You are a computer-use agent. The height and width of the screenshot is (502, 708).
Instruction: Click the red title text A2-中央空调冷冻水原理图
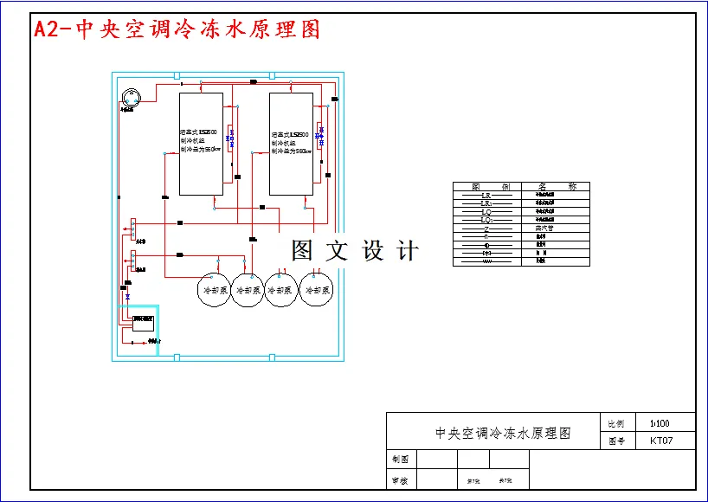pyautogui.click(x=177, y=29)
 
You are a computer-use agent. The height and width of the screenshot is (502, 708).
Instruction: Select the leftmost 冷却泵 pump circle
pyautogui.click(x=213, y=291)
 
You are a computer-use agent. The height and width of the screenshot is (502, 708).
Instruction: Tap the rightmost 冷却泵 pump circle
pyautogui.click(x=316, y=291)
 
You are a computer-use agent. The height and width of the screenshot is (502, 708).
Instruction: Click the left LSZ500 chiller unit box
pyautogui.click(x=201, y=143)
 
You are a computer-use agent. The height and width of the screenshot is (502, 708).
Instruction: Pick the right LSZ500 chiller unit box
pyautogui.click(x=291, y=143)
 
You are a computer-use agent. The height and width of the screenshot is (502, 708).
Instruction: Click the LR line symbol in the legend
pyautogui.click(x=486, y=196)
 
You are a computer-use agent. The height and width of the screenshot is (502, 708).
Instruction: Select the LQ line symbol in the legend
pyautogui.click(x=486, y=212)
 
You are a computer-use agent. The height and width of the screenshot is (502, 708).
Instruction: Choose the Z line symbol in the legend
pyautogui.click(x=486, y=228)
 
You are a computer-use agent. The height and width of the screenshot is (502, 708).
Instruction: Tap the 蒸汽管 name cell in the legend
pyautogui.click(x=544, y=228)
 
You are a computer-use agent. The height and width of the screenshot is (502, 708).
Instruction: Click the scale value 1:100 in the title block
pyautogui.click(x=660, y=424)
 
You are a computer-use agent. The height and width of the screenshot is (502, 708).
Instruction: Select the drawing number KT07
pyautogui.click(x=660, y=441)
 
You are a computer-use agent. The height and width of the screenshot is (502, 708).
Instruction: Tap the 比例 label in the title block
pyautogui.click(x=616, y=424)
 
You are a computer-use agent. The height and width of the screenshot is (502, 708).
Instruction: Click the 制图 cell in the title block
pyautogui.click(x=400, y=460)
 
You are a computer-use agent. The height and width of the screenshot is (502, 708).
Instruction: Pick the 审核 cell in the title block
pyautogui.click(x=400, y=480)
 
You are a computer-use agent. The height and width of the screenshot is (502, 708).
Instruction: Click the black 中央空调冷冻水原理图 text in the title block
pyautogui.click(x=503, y=433)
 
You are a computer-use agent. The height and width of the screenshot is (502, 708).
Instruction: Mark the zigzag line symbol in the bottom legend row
pyautogui.click(x=486, y=261)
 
